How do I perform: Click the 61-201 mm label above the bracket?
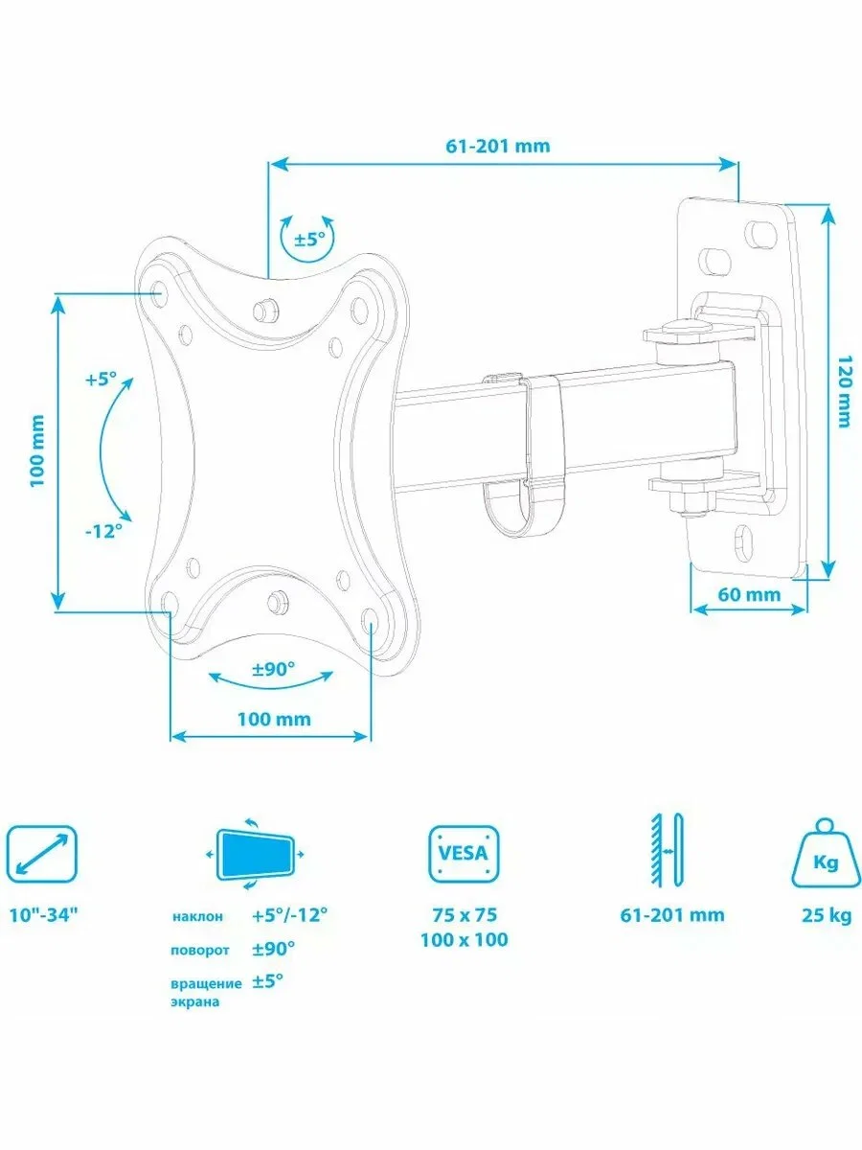click(x=498, y=146)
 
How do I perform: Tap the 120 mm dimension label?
click(x=844, y=391)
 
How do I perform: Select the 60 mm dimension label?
click(x=748, y=595)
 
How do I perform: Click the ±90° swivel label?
click(x=273, y=669)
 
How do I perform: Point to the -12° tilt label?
click(x=103, y=531)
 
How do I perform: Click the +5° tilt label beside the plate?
click(x=101, y=379)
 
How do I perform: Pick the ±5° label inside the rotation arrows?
click(x=309, y=240)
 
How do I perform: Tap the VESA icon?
click(x=464, y=854)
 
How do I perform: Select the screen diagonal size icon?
click(x=41, y=854)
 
